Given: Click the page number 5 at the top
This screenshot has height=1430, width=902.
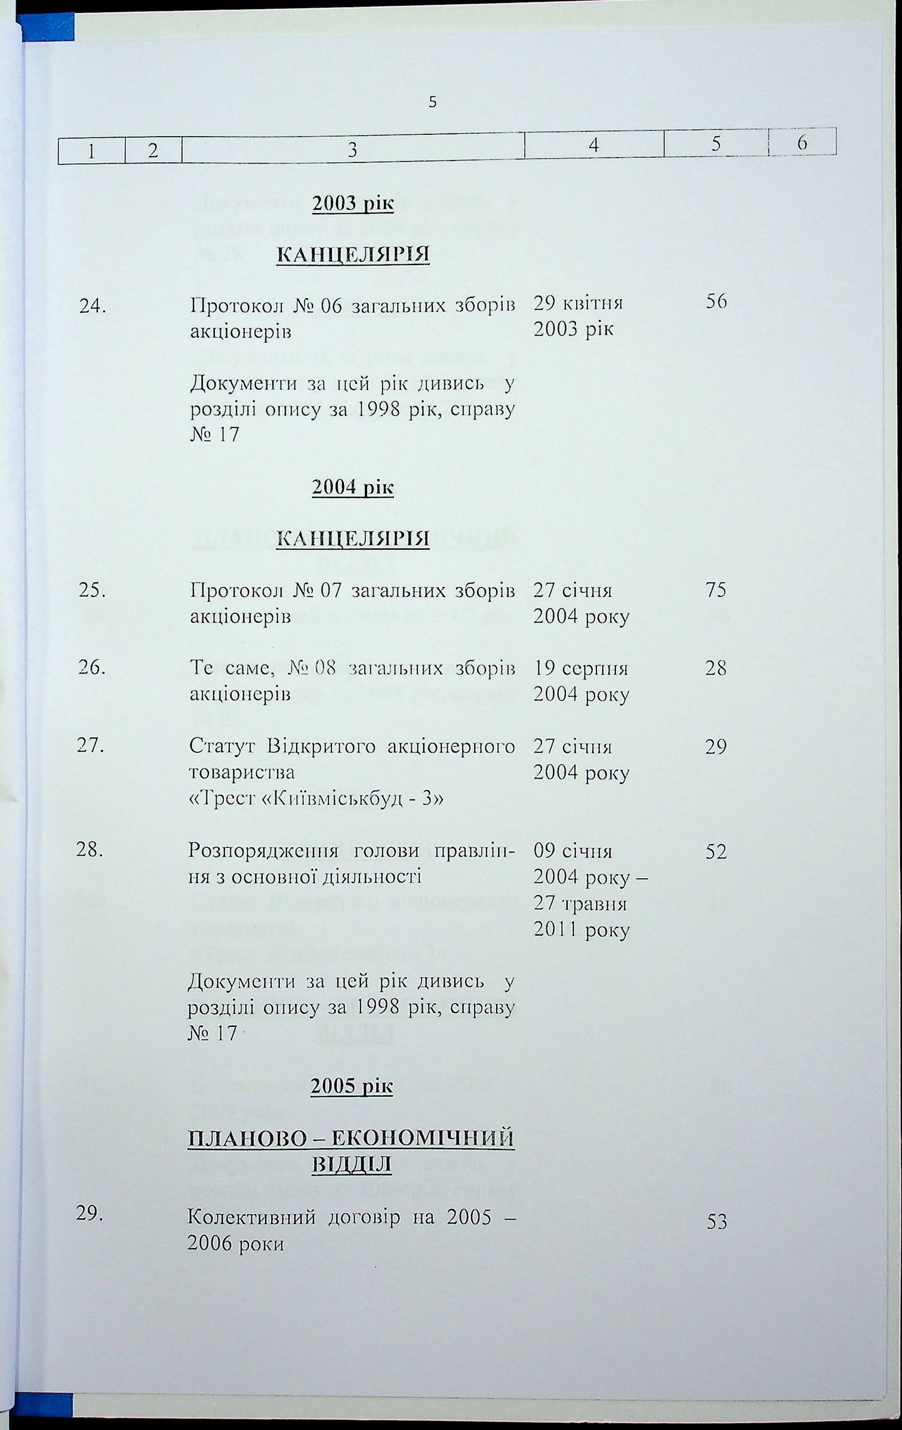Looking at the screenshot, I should coord(433,102).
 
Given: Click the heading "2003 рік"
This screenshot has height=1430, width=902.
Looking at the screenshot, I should coord(353,204).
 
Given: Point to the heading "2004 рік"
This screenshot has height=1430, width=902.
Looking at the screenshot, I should coord(353,487).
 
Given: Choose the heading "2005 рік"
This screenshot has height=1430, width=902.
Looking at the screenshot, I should coord(352,1086).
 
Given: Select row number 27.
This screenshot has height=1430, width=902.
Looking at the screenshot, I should coord(91,746).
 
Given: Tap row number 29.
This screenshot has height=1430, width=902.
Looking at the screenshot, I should coord(90,1213).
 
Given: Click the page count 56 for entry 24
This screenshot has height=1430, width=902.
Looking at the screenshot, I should coord(716,302).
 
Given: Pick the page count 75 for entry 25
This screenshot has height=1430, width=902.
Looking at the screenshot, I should coord(716,590).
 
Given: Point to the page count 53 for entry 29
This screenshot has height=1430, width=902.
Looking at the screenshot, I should coord(716,1222).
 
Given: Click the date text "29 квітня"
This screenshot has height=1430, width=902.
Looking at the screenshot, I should coord(578,303).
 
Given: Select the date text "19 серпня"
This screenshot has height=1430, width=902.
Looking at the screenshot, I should coord(580,668).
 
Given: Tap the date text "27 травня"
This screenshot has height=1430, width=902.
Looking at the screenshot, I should coord(580,903).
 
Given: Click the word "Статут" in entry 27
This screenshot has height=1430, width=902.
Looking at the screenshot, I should coord(223,746).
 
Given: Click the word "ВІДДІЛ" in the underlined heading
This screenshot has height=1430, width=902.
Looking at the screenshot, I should coord(352,1164).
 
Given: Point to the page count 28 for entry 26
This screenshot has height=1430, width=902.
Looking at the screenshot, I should coord(716,668).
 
